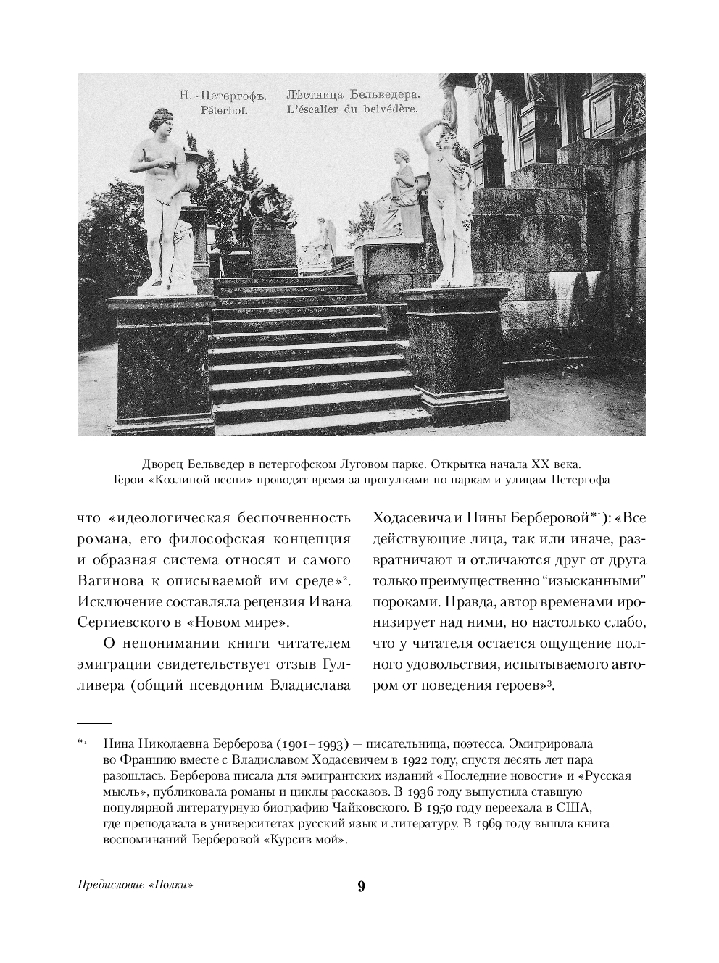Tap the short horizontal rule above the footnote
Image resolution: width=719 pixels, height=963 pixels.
(x=93, y=723)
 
